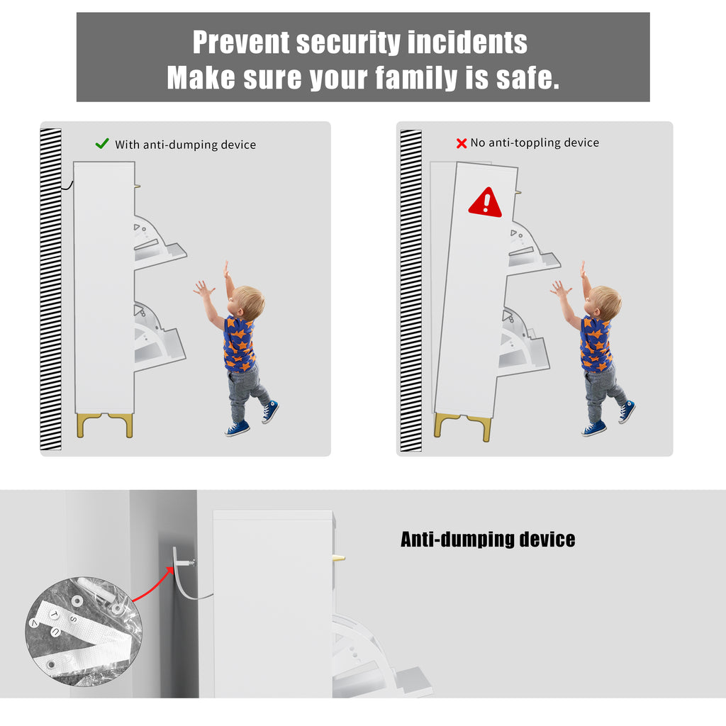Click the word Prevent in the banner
(241, 42)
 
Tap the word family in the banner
(416, 78)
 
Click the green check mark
(102, 143)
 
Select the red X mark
(461, 143)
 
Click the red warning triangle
(485, 203)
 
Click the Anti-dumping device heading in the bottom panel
(488, 540)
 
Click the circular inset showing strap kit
(84, 632)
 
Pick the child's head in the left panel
(247, 302)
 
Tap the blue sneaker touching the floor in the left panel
(237, 429)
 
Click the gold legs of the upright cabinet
(105, 425)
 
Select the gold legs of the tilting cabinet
(462, 427)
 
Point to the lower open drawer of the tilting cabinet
(524, 342)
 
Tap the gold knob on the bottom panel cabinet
(339, 557)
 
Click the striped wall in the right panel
(411, 291)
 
